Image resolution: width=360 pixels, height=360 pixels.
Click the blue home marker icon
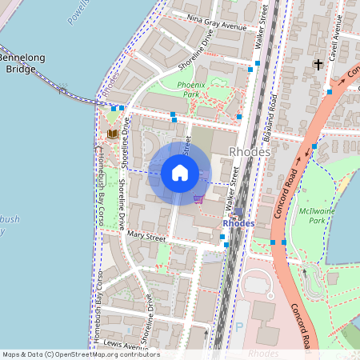(x=180, y=172)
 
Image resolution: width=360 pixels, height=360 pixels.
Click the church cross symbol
(x=318, y=63)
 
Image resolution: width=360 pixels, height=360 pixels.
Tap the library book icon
(x=112, y=133)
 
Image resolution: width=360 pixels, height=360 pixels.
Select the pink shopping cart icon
(x=198, y=198)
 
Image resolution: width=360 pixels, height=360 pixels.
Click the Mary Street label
(x=146, y=238)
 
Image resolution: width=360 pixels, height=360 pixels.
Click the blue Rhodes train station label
(x=238, y=223)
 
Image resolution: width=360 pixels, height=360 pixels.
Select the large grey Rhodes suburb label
(x=250, y=151)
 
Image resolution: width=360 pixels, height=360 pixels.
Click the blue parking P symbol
(x=238, y=326)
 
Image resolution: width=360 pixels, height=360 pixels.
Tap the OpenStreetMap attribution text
(x=80, y=354)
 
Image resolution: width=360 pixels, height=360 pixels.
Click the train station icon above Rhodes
(x=238, y=212)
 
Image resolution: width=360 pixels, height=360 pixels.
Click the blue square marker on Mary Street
(x=222, y=237)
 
